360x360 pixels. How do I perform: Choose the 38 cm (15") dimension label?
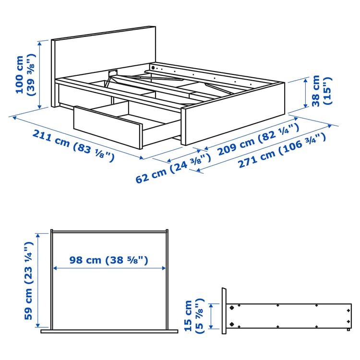[x=321, y=91]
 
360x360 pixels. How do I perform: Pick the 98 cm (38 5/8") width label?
[x=108, y=260]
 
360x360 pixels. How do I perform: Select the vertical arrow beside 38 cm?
[x=306, y=93]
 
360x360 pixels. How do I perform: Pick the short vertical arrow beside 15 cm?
[x=210, y=315]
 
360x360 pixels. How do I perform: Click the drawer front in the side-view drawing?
[x=224, y=311]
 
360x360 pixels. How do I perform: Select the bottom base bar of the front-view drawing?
[x=109, y=331]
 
